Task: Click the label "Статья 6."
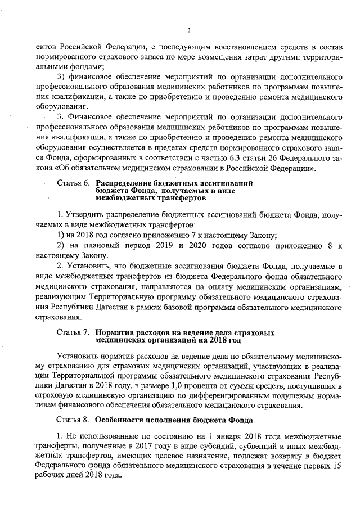tap(73, 184)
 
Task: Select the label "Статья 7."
tap(73, 333)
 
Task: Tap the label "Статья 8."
tap(73, 420)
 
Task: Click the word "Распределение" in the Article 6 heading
tap(125, 184)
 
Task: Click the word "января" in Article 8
tap(241, 438)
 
